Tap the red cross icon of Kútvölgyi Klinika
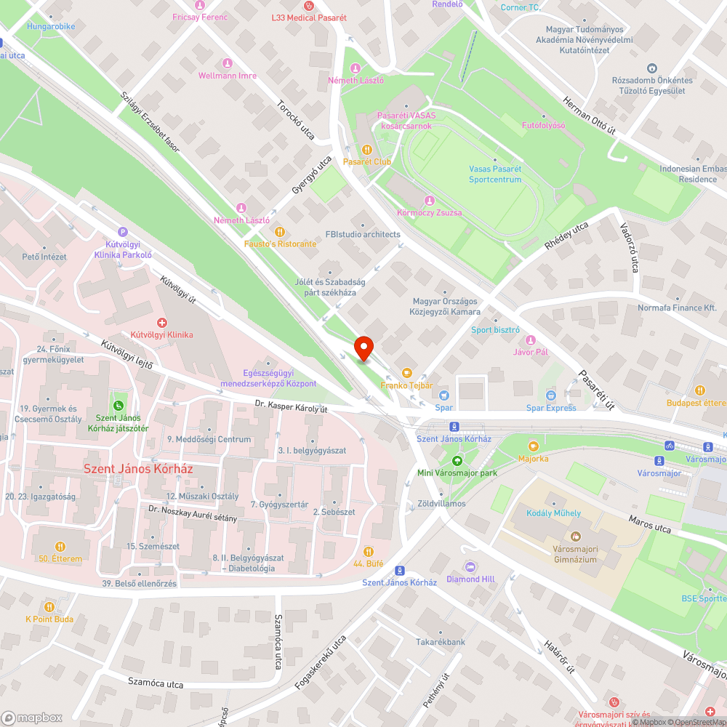pyautogui.click(x=161, y=321)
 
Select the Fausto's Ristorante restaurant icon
pyautogui.click(x=278, y=231)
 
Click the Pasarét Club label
pyautogui.click(x=367, y=161)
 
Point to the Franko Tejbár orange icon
pyautogui.click(x=406, y=372)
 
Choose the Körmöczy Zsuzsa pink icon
pyautogui.click(x=429, y=200)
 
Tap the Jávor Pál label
pyautogui.click(x=530, y=353)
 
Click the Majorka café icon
pyautogui.click(x=534, y=446)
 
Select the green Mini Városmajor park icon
pyautogui.click(x=457, y=459)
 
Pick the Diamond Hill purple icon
pyautogui.click(x=470, y=566)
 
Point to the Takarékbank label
pyautogui.click(x=440, y=642)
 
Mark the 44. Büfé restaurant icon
pyautogui.click(x=369, y=551)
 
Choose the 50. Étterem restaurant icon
pyautogui.click(x=60, y=546)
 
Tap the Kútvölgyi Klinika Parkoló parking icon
pyautogui.click(x=122, y=230)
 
